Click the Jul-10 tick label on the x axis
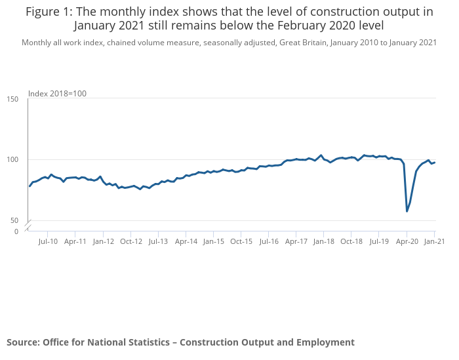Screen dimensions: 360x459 point(48,241)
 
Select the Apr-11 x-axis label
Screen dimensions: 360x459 point(75,241)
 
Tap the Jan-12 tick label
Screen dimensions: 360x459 point(103,241)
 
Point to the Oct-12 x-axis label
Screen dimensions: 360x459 point(130,241)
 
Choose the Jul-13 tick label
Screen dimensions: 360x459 point(157,241)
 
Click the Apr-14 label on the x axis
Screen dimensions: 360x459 point(186,241)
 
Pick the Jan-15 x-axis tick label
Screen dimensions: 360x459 point(214,241)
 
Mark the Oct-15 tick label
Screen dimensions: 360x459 point(241,241)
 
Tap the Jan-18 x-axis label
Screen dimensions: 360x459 point(324,241)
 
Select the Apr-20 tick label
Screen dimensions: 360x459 point(407,241)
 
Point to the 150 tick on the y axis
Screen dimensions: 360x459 point(12,99)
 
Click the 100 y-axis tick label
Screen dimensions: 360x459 point(12,160)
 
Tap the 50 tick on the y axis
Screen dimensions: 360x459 point(14,221)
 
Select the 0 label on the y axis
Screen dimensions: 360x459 point(16,231)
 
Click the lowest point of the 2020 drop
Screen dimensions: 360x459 point(407,211)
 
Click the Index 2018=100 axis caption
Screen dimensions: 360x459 point(57,94)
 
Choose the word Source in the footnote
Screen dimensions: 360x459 point(22,342)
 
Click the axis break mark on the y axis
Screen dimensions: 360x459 point(28,227)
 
